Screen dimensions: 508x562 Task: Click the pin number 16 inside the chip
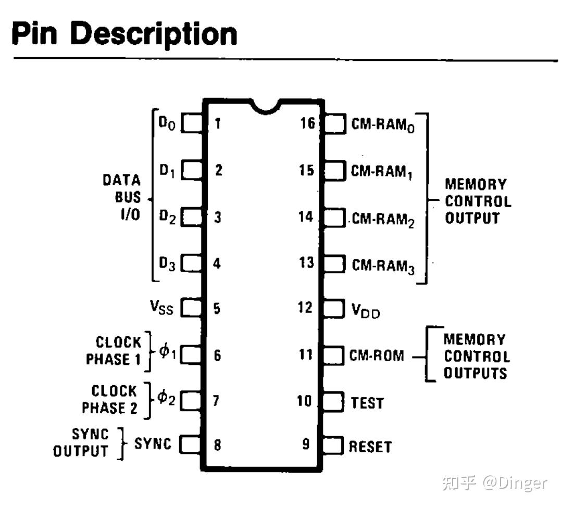pos(307,123)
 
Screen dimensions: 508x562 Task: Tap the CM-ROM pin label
pos(376,355)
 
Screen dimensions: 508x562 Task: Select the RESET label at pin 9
pos(370,447)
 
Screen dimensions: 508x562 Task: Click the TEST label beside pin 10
pos(367,402)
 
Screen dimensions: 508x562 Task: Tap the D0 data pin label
pos(167,124)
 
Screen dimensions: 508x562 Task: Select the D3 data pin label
pos(167,264)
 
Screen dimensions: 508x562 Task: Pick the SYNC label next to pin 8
pos(153,444)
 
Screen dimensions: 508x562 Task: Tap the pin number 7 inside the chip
pos(217,401)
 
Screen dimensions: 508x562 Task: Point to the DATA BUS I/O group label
pos(121,198)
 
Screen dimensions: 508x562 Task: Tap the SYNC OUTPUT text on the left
pos(82,442)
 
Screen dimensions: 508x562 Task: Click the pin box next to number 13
pos(334,263)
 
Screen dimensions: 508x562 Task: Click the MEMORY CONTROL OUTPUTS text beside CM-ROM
pos(475,357)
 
